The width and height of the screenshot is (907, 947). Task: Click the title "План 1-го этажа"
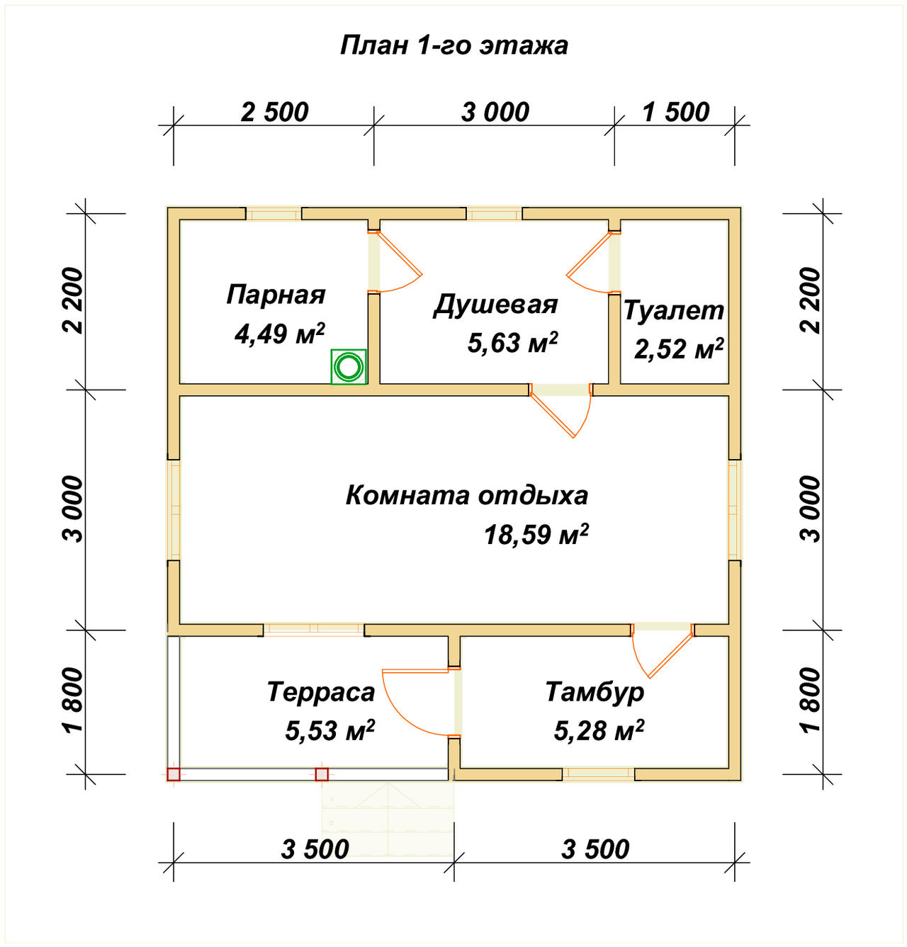[453, 45]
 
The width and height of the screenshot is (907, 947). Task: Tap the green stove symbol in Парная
[349, 367]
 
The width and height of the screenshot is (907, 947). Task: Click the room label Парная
[276, 295]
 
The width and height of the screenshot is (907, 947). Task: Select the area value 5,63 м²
[512, 343]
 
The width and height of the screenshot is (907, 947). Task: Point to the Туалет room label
[673, 310]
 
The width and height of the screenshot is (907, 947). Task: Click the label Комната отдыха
[466, 495]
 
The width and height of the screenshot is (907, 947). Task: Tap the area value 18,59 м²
[536, 535]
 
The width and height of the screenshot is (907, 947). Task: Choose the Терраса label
[320, 692]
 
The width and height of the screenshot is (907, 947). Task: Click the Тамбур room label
[595, 692]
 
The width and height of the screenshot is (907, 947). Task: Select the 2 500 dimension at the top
[274, 112]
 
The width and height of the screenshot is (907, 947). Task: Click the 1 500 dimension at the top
[675, 112]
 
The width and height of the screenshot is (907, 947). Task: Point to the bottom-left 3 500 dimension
[315, 849]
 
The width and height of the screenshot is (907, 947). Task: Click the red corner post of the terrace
[174, 774]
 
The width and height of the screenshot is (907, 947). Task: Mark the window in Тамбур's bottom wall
[599, 774]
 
